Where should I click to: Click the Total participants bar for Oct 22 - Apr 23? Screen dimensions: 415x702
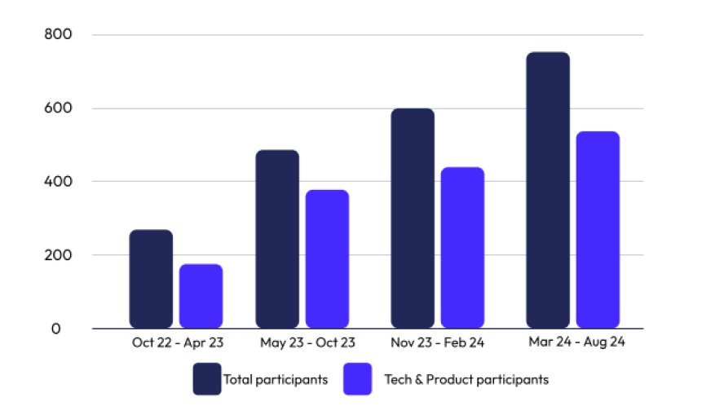pyautogui.click(x=151, y=279)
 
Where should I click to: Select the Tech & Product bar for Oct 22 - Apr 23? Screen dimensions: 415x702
pyautogui.click(x=201, y=296)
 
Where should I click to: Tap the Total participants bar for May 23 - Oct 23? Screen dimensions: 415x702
pyautogui.click(x=277, y=239)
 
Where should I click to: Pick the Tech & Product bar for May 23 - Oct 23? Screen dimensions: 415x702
pyautogui.click(x=327, y=259)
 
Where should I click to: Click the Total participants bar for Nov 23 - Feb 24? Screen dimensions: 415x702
pyautogui.click(x=413, y=219)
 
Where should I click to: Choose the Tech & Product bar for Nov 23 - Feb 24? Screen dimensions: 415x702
pyautogui.click(x=462, y=248)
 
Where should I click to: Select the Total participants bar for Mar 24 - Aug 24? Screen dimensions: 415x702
pyautogui.click(x=548, y=190)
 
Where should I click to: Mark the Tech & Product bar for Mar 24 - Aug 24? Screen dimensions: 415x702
pyautogui.click(x=598, y=230)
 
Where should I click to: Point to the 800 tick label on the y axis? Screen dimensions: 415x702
pyautogui.click(x=62, y=35)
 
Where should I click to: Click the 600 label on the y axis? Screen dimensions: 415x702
pyautogui.click(x=62, y=108)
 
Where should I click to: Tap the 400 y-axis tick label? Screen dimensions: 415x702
pyautogui.click(x=62, y=182)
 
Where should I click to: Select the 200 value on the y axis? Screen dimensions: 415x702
pyautogui.click(x=62, y=255)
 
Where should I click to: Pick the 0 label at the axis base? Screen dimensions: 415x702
pyautogui.click(x=56, y=329)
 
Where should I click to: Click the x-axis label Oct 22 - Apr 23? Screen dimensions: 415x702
pyautogui.click(x=177, y=343)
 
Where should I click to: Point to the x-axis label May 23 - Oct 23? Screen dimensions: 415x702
pyautogui.click(x=307, y=343)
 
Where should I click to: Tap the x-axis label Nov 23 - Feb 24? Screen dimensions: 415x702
pyautogui.click(x=438, y=343)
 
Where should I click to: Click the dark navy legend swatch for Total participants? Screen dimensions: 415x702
pyautogui.click(x=207, y=379)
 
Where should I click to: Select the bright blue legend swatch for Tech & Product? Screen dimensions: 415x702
pyautogui.click(x=357, y=379)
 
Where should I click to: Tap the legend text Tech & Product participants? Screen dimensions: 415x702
pyautogui.click(x=466, y=380)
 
